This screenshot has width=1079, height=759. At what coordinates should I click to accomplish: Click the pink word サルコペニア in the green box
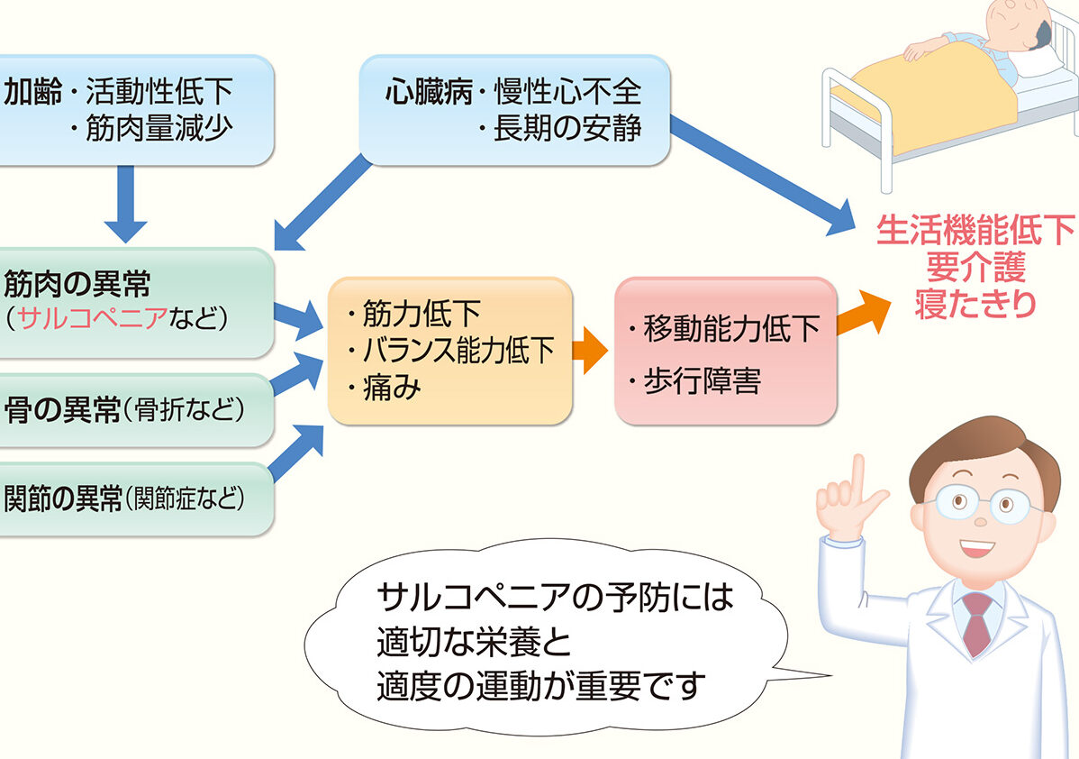(x=93, y=317)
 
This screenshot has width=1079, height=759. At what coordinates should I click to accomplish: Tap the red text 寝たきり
(x=975, y=304)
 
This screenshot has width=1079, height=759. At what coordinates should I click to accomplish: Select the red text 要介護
(x=975, y=267)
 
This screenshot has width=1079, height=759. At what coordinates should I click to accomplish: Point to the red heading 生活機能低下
(x=975, y=230)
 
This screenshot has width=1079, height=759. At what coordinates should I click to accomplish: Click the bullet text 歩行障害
(x=702, y=381)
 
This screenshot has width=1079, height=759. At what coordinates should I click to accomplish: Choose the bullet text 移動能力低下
(x=732, y=328)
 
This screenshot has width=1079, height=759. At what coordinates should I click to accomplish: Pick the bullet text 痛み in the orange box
(x=392, y=388)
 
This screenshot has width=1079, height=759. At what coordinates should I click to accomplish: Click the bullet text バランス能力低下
(x=458, y=351)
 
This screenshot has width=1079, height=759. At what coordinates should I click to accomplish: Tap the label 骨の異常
(x=62, y=410)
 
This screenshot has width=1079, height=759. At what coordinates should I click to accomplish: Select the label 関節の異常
(x=63, y=498)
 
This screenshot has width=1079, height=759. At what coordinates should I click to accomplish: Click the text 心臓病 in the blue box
(x=429, y=91)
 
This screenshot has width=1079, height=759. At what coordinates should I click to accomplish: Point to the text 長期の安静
(x=567, y=128)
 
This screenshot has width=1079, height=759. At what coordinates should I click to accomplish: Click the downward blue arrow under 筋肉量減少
(x=125, y=204)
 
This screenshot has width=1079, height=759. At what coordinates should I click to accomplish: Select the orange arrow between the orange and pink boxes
(x=590, y=351)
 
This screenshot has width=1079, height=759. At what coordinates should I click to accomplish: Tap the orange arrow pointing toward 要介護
(x=863, y=315)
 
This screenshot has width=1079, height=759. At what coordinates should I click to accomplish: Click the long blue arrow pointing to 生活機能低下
(x=763, y=175)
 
